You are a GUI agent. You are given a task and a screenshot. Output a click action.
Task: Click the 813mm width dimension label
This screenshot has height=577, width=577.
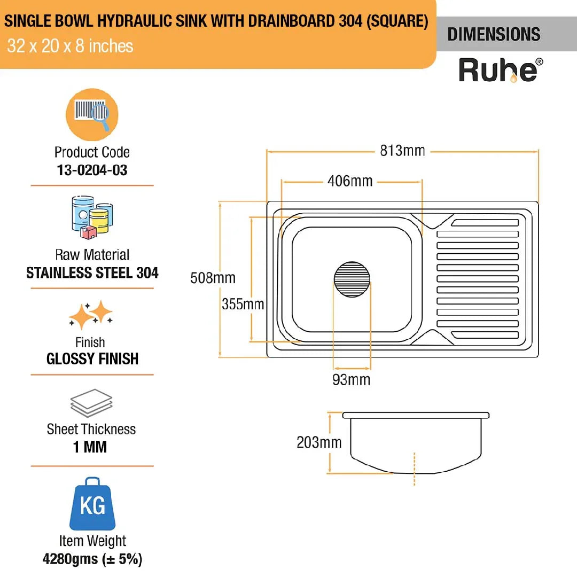point(402,151)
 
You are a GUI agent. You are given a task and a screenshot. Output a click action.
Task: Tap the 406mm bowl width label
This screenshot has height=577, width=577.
point(350,182)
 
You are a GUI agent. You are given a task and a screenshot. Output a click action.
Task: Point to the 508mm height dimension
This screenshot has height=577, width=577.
point(212,278)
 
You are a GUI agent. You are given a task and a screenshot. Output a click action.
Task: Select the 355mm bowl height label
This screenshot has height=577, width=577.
point(243,304)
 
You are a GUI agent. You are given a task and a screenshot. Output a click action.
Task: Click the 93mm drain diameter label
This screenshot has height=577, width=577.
point(352,380)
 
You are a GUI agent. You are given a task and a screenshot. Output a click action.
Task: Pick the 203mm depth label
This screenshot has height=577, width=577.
point(318,442)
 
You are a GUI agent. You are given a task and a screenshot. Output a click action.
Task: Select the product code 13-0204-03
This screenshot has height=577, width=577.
point(92,170)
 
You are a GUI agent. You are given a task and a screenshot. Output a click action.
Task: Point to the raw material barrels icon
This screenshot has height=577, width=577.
point(92,216)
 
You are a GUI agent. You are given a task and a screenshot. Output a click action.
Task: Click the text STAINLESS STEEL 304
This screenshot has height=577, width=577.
point(92,273)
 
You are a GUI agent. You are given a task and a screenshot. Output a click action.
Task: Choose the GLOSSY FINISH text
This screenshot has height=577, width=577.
point(92,358)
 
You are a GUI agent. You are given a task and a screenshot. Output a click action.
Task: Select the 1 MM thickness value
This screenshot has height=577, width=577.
point(91,447)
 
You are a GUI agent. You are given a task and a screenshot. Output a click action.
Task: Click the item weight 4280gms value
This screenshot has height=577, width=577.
point(92,560)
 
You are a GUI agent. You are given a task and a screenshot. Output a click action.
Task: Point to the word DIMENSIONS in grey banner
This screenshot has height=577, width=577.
point(494,35)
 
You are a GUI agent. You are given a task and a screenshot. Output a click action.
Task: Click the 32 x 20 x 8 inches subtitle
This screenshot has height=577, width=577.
point(70,46)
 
